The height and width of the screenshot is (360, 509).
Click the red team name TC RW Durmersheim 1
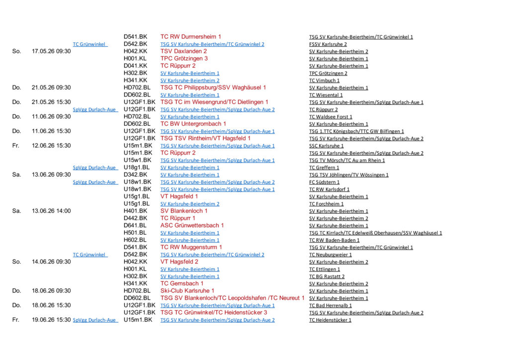(x=190, y=37)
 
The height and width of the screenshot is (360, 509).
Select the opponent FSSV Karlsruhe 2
(x=328, y=44)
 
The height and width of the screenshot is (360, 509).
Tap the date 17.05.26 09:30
(x=51, y=51)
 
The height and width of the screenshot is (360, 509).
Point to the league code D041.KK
(x=135, y=66)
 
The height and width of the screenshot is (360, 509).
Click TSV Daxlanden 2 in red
(x=183, y=51)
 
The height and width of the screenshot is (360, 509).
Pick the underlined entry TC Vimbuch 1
(x=324, y=81)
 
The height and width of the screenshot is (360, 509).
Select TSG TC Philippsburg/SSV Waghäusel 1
(x=213, y=88)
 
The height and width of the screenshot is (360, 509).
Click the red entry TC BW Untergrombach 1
(x=193, y=124)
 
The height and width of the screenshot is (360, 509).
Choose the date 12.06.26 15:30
(x=51, y=146)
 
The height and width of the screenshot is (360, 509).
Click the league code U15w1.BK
(x=138, y=160)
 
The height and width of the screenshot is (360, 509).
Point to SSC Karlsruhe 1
(x=326, y=146)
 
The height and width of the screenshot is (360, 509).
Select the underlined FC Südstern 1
(x=324, y=182)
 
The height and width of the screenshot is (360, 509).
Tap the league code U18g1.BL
(x=137, y=168)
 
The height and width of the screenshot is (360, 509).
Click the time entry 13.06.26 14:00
(x=51, y=211)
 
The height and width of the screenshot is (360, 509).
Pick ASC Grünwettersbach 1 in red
(x=192, y=225)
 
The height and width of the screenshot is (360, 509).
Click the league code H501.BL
(x=135, y=233)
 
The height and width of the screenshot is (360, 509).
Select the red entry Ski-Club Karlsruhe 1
(x=187, y=290)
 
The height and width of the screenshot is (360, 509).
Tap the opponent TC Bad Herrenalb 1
(x=330, y=306)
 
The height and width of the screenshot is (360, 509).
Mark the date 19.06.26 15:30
(x=51, y=320)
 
